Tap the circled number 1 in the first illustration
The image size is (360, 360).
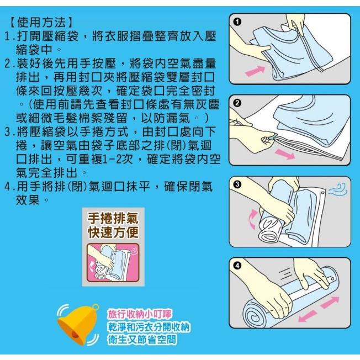(x=237, y=22)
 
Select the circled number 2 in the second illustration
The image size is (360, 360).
(x=237, y=103)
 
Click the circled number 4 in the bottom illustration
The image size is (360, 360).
(x=237, y=266)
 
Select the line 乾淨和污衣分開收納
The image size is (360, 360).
(x=149, y=327)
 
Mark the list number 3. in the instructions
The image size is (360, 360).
(x=9, y=133)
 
